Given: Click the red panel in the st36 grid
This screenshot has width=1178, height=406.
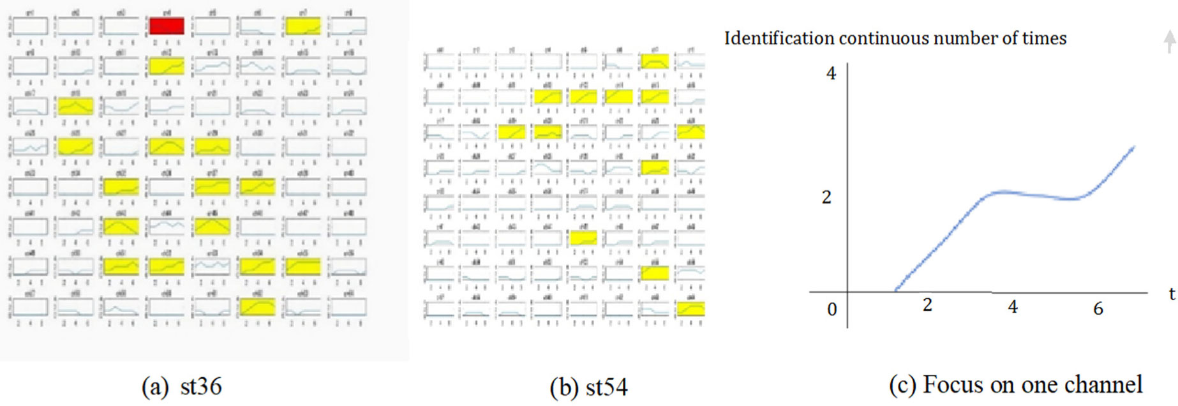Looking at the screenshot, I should point(167,26).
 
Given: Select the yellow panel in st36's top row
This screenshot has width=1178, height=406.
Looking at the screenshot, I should point(303,26).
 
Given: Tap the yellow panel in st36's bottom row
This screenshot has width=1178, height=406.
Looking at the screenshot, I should point(257,307).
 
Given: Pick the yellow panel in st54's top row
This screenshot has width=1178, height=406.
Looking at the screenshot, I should point(655,61).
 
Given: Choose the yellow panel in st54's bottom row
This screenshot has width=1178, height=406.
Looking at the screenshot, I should point(690,309).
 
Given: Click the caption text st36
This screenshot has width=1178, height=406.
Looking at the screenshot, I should point(200,387).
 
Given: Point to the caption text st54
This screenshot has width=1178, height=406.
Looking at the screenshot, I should point(606,387).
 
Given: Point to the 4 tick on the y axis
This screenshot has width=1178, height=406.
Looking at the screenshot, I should point(831,73).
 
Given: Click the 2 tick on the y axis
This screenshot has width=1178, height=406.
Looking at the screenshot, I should point(826,197).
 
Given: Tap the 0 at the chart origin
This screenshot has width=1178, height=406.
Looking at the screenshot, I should point(832,310).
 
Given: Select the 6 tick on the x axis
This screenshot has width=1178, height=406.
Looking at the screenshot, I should point(1098,309).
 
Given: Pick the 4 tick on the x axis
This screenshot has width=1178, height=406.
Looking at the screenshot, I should point(1013,308).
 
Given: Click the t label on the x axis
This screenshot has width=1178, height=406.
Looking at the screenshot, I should point(1172,294).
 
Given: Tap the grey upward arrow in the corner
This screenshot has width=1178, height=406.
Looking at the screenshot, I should point(1169,41).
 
